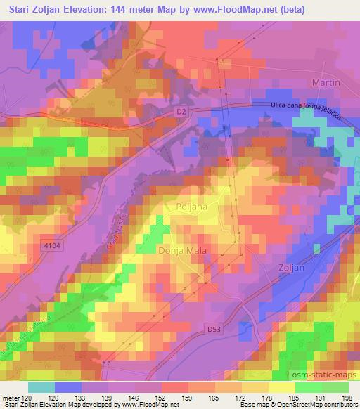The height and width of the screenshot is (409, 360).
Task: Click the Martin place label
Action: [x=326, y=82]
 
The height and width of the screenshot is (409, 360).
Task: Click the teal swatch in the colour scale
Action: [x=40, y=387]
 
